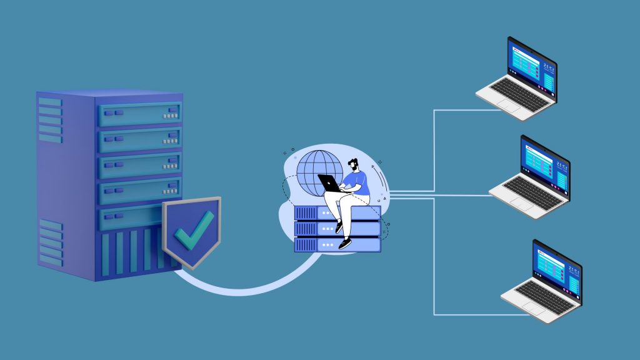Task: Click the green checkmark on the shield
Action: point(194,230)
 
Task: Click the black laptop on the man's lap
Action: point(329,182)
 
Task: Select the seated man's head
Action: point(354,165)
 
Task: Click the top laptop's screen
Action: point(531,66)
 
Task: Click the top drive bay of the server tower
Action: point(139,114)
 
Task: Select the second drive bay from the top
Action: point(139,139)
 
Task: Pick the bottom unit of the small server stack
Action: point(337,244)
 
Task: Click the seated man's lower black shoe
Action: point(344,244)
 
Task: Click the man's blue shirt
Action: point(357,182)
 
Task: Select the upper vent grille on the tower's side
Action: point(49,119)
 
